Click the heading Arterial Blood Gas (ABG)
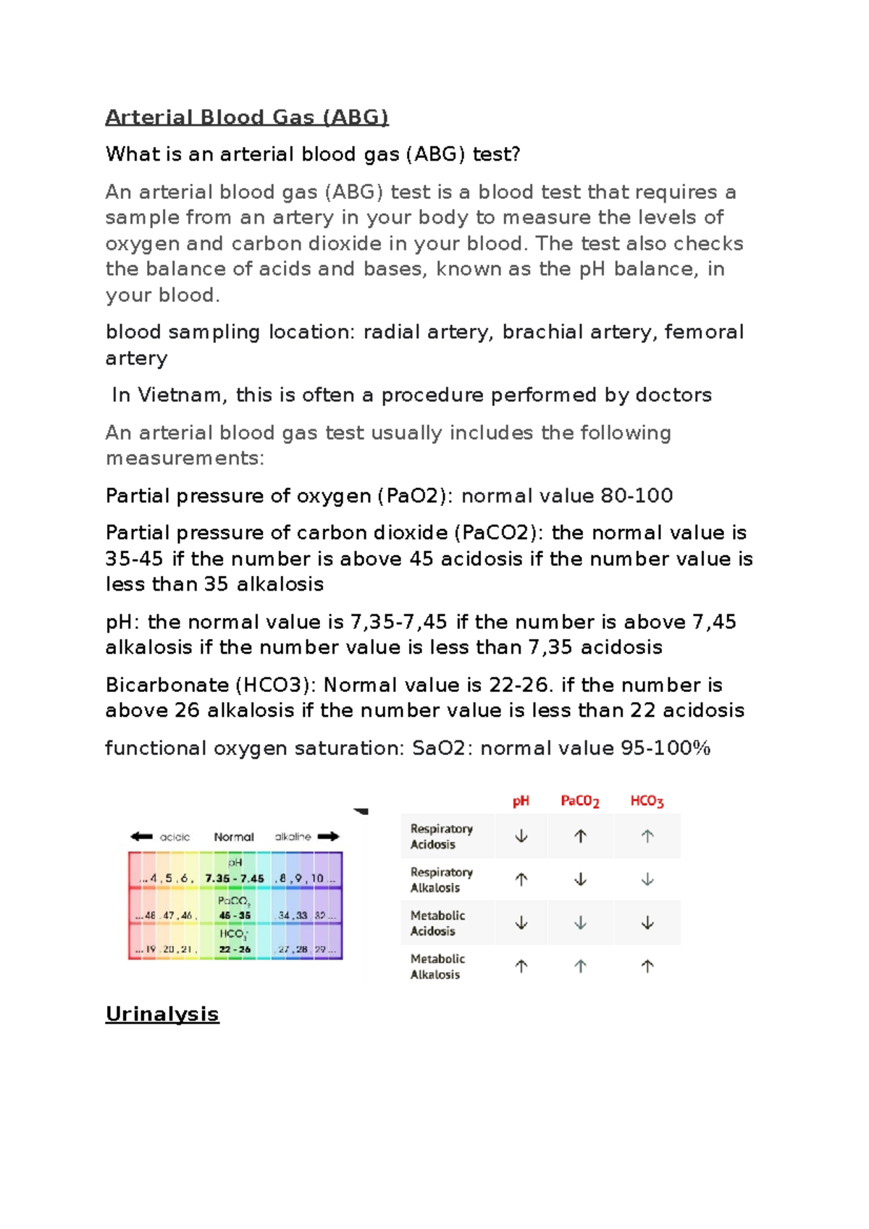pos(247,117)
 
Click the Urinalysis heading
pos(162,1013)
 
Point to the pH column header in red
pos(521,801)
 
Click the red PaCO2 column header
pos(580,801)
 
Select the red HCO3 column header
pos(647,801)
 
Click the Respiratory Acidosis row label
pos(441,836)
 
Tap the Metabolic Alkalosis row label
pos(437,966)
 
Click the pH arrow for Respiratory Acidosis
pos(521,836)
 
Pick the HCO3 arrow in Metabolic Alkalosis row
pos(647,966)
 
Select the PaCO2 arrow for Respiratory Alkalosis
pos(580,879)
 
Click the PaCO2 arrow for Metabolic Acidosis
pos(580,923)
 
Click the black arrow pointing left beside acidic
pos(141,837)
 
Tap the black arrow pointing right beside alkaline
pos(328,837)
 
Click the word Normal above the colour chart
pos(234,837)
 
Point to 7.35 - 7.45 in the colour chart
pos(235,879)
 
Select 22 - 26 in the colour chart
pos(235,949)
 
